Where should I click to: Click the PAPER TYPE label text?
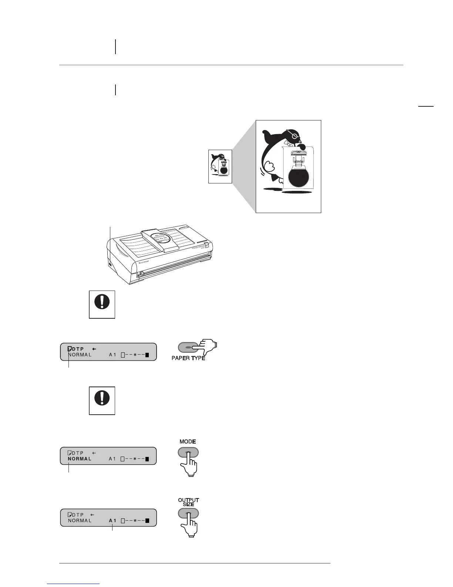tap(188, 358)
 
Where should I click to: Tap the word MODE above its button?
tap(188, 442)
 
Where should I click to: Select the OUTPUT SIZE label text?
tap(188, 502)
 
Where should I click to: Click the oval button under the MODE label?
tap(188, 452)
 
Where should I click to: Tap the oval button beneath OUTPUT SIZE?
tap(188, 513)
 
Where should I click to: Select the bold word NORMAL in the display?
tap(80, 459)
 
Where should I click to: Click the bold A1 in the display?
tap(113, 521)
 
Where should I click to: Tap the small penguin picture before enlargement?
tap(220, 166)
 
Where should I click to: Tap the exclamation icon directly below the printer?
tap(102, 304)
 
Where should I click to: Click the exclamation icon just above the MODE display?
tap(102, 400)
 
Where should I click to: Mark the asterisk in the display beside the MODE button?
tap(135, 459)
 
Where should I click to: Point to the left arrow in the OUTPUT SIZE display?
tap(92, 515)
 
